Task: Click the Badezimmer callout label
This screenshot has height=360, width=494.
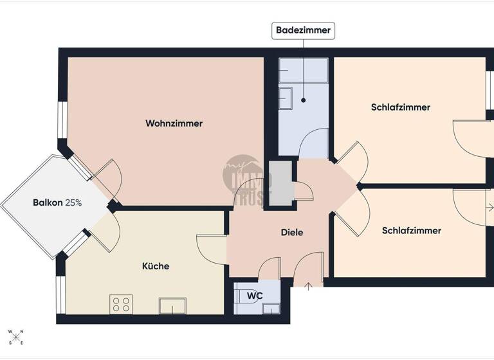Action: tap(304, 30)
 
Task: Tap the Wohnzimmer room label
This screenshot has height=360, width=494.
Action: tap(174, 123)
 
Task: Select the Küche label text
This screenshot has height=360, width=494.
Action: tap(156, 265)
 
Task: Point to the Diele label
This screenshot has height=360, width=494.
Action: tap(292, 233)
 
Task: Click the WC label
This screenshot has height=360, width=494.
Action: tap(255, 296)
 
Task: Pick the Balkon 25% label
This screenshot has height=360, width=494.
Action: tap(57, 203)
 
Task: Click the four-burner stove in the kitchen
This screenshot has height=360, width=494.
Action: tap(121, 303)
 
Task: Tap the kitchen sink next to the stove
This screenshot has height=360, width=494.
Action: tap(172, 305)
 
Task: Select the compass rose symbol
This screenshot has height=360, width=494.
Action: tap(15, 336)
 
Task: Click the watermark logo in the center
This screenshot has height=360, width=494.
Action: tap(247, 179)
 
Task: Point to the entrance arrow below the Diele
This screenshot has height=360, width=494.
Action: tap(308, 285)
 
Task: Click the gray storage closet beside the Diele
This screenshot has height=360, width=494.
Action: tap(280, 184)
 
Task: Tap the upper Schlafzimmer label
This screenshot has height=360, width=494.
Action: tap(400, 107)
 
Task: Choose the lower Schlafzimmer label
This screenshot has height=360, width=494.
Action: tap(411, 230)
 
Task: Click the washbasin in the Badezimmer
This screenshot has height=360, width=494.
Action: tap(286, 98)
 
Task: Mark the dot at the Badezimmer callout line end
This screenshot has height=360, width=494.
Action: tap(304, 100)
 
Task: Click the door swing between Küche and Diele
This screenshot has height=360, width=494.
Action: tap(209, 249)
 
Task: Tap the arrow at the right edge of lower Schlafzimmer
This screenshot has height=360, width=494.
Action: tap(489, 208)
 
